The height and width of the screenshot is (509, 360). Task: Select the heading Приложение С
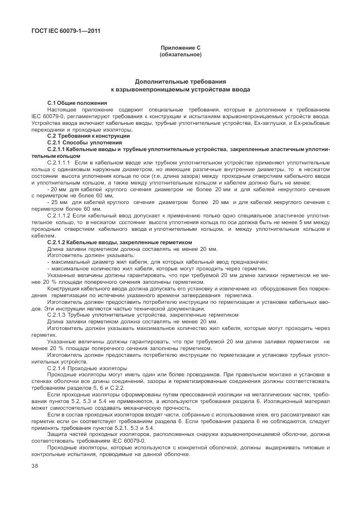tap(180, 49)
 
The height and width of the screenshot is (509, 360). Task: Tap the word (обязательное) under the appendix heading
tap(180, 55)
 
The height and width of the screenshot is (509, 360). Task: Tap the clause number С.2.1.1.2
tap(61, 215)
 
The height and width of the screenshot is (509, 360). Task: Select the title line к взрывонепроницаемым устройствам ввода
tap(180, 89)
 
